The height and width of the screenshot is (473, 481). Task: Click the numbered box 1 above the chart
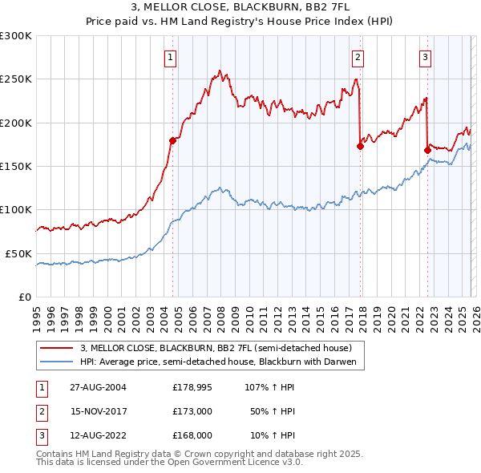172,57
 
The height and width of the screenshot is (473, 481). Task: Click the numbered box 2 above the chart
358,57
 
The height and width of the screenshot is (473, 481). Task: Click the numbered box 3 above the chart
425,57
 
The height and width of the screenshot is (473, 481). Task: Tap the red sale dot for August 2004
172,140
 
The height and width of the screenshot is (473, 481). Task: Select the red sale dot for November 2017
360,146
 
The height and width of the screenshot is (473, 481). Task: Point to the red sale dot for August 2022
427,150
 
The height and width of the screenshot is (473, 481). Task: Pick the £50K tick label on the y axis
18,253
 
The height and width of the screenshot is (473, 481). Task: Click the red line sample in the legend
57,349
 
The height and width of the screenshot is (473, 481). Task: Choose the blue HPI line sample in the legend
57,362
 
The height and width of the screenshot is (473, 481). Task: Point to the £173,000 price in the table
192,411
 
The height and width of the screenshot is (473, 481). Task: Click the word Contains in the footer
57,454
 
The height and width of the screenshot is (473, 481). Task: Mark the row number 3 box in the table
41,435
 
